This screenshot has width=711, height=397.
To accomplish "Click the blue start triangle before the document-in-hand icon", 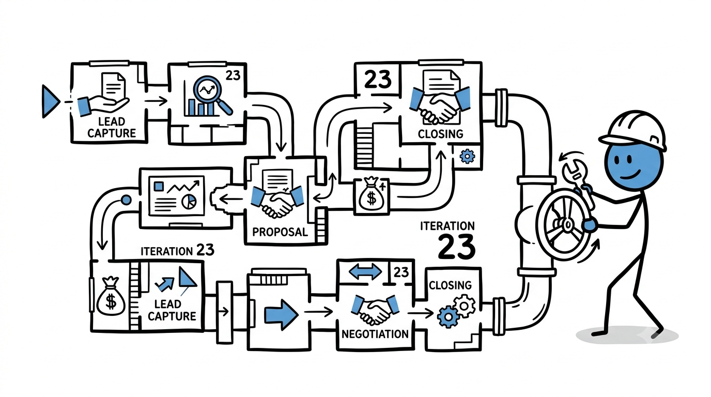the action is point(50,101).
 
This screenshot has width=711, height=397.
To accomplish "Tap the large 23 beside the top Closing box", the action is point(377,80).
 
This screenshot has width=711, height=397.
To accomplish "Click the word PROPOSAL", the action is point(280,232).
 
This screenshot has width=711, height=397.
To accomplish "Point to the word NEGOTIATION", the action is point(375,334).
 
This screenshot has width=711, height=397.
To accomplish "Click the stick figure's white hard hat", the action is point(633,130).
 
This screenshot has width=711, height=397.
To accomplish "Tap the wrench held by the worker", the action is point(578,184).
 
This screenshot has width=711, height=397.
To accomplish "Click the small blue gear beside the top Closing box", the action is point(467,156).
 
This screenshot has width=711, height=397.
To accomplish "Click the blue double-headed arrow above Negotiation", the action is point(365,272).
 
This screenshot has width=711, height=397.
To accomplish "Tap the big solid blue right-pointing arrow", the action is point(281,313).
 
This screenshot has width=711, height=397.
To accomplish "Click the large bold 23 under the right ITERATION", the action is point(457,247).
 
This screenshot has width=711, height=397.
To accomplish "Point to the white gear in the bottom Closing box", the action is point(465,306).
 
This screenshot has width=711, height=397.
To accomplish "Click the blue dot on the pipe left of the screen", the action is point(126,200).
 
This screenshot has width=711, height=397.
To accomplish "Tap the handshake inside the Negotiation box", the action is point(375,309).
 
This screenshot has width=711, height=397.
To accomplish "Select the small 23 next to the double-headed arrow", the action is point(401,272).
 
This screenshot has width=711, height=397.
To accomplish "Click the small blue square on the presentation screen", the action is point(159,186).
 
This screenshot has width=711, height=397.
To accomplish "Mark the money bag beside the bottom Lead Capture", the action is point(111,296).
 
